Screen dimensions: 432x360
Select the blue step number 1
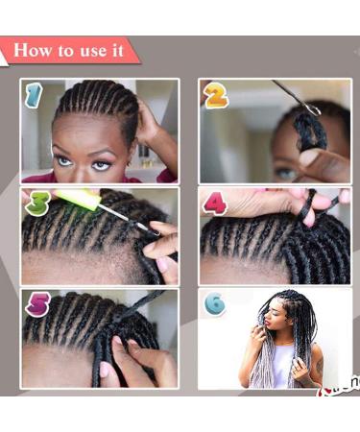tap(35, 94)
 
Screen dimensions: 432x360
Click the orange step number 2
tap(215, 94)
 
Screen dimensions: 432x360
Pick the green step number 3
tap(36, 203)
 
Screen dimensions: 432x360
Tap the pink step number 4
tap(215, 204)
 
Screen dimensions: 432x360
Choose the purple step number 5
tap(36, 305)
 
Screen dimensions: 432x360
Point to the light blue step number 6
tap(214, 304)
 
